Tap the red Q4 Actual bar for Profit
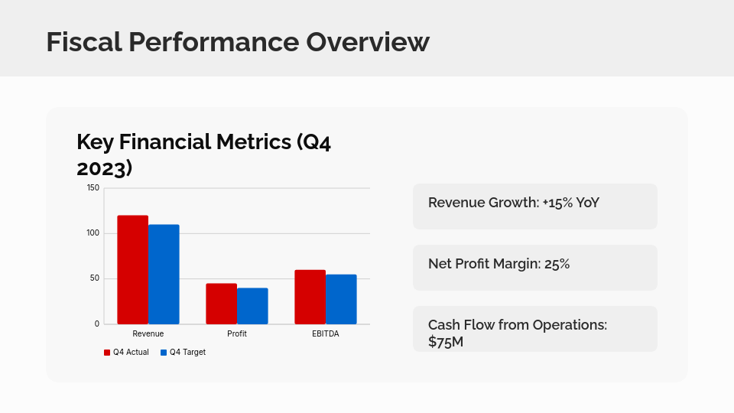221,304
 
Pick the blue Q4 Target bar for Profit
252,306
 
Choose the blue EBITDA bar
341,299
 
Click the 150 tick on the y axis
93,187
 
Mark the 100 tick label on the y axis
93,233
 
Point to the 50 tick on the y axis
95,278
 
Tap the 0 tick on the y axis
97,324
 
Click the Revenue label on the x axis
148,334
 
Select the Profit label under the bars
237,334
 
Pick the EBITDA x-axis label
326,334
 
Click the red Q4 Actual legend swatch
107,353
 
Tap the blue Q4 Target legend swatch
164,353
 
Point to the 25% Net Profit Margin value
557,264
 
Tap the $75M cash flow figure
446,342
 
